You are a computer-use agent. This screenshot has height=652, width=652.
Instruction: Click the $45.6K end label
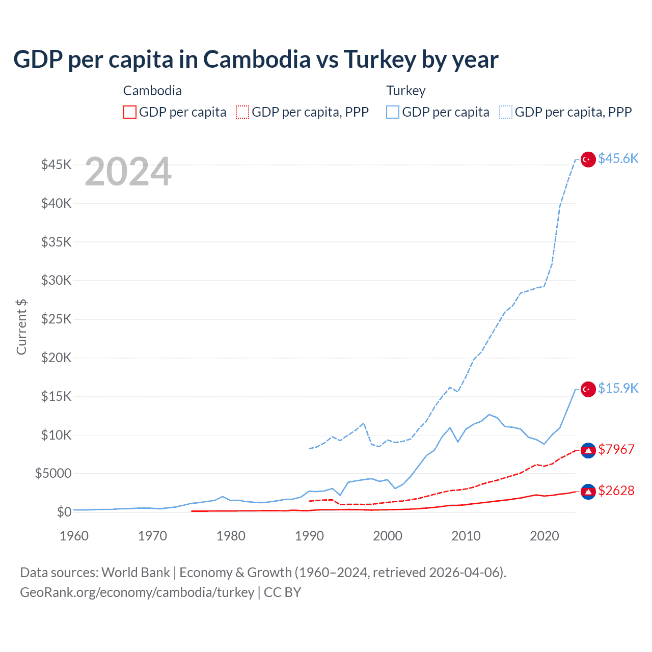(618, 158)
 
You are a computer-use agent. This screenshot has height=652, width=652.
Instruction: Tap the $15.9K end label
(618, 388)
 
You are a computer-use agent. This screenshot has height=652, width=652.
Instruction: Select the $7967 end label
(616, 449)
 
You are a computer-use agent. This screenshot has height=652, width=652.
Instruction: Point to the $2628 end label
(616, 491)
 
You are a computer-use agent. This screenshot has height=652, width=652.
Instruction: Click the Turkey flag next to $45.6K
(588, 159)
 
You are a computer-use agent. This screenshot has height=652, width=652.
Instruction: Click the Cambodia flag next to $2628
(588, 492)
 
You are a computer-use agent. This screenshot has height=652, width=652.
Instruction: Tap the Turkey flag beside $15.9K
(588, 389)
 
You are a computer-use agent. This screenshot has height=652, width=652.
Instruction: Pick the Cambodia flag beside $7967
(588, 450)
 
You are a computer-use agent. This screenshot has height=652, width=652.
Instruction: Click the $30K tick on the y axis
(56, 280)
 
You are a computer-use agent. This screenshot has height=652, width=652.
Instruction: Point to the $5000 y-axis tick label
(53, 473)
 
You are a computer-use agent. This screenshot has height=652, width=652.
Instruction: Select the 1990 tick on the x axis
(309, 536)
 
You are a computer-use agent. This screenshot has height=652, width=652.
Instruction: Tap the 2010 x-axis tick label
(466, 536)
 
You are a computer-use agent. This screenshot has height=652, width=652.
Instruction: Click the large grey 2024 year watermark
(128, 172)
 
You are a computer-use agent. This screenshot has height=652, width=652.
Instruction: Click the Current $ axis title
(21, 327)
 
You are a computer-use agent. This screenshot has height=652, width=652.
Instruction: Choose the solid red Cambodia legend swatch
(130, 112)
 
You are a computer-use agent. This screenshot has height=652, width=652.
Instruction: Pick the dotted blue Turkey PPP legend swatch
(506, 112)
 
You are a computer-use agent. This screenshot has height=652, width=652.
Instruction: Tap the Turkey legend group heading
(405, 91)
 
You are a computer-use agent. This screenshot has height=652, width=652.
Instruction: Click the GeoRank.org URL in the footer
(137, 592)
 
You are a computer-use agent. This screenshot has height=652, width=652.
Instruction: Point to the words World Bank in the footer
(135, 573)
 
